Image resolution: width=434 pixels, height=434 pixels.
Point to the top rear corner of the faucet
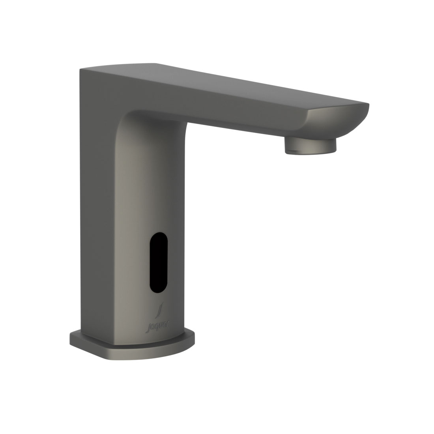[81, 71]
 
